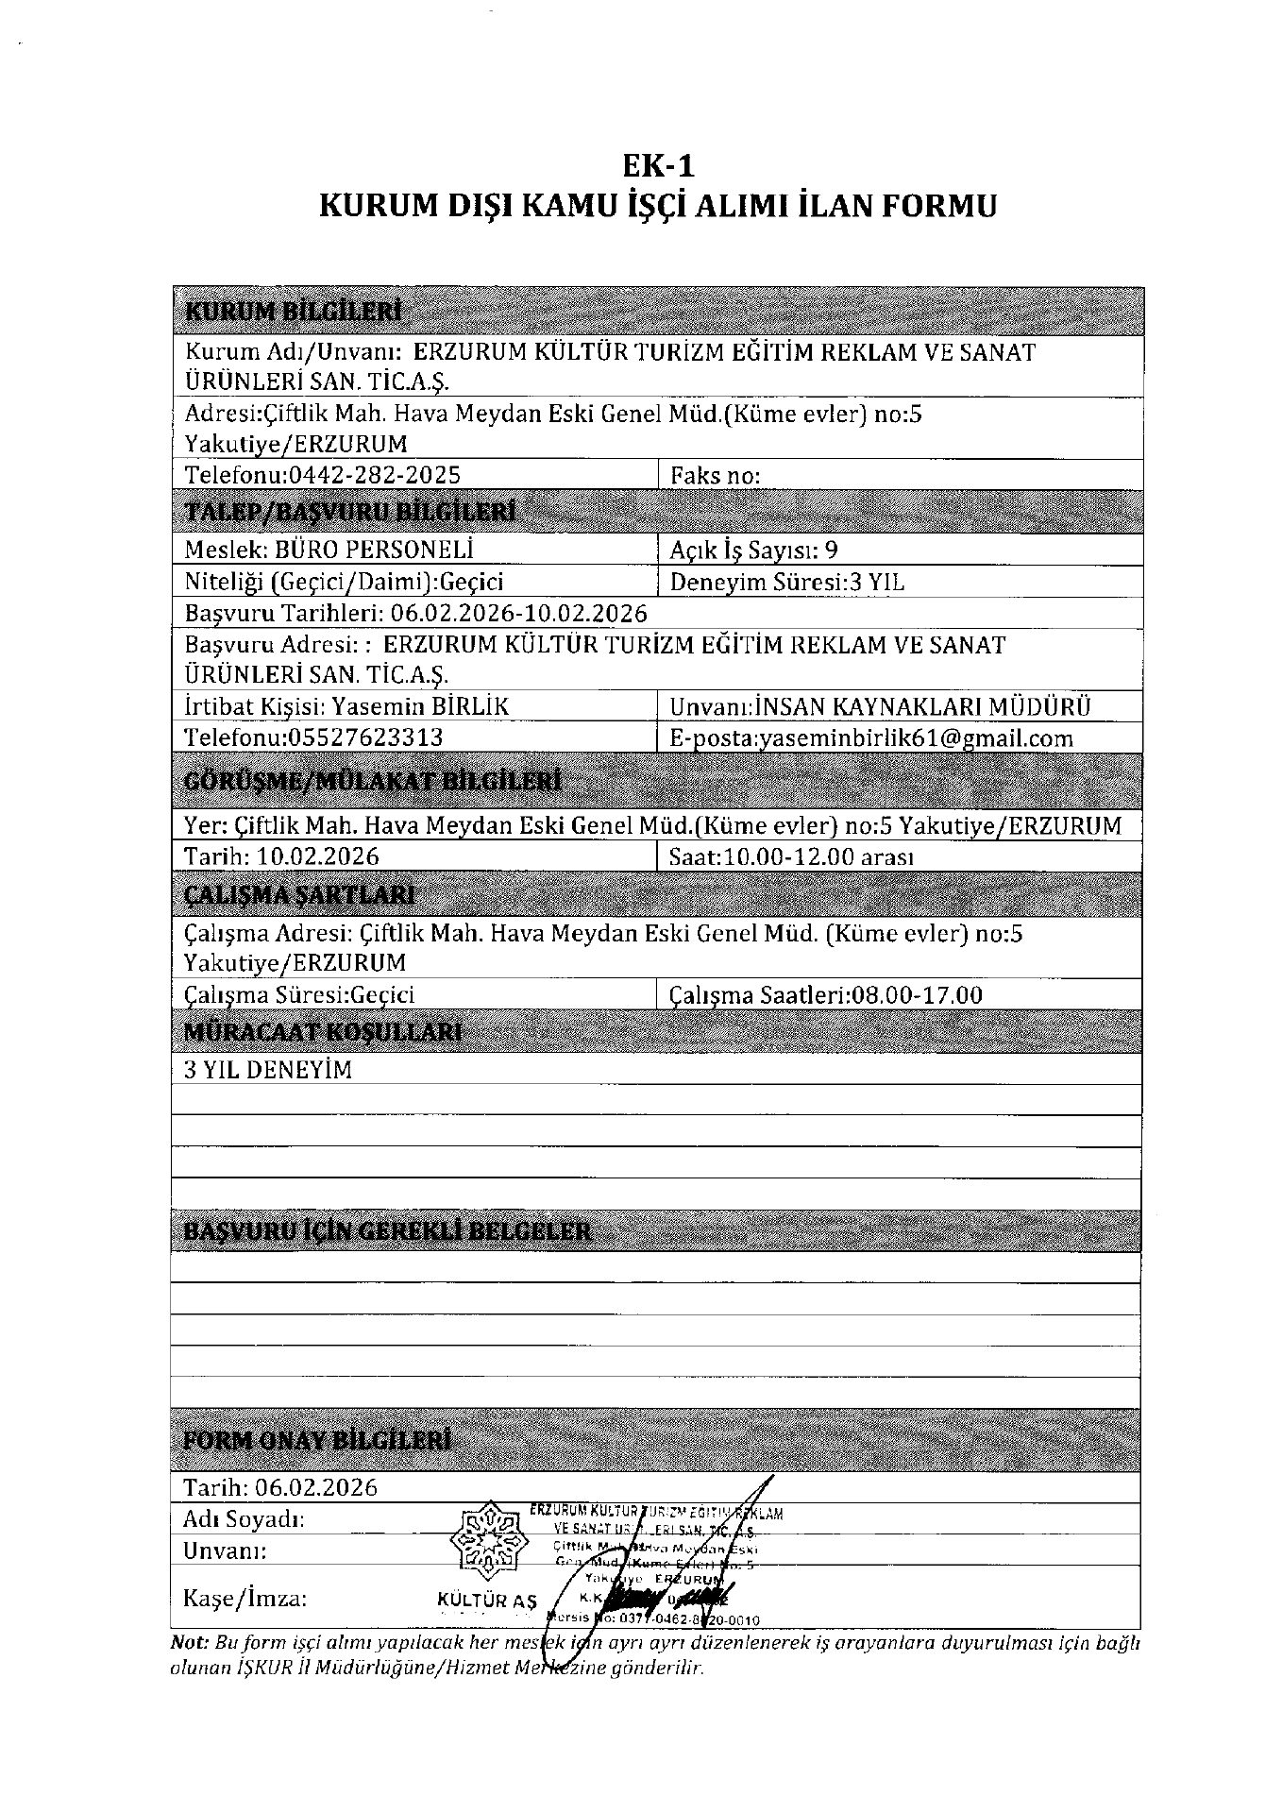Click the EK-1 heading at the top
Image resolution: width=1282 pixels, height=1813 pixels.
pos(658,166)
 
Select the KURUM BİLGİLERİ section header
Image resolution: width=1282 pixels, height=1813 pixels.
pos(293,312)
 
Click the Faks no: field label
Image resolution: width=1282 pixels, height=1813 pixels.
pos(715,475)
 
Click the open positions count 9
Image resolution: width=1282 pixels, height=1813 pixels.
pos(831,551)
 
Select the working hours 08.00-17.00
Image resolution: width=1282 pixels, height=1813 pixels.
pos(916,994)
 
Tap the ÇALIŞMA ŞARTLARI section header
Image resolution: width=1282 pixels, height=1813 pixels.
pos(299,894)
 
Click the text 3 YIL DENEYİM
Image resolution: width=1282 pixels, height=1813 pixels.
pos(267,1070)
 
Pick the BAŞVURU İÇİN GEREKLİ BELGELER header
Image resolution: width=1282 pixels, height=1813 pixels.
pos(388,1232)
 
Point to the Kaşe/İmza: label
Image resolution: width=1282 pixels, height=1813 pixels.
pos(245,1599)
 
